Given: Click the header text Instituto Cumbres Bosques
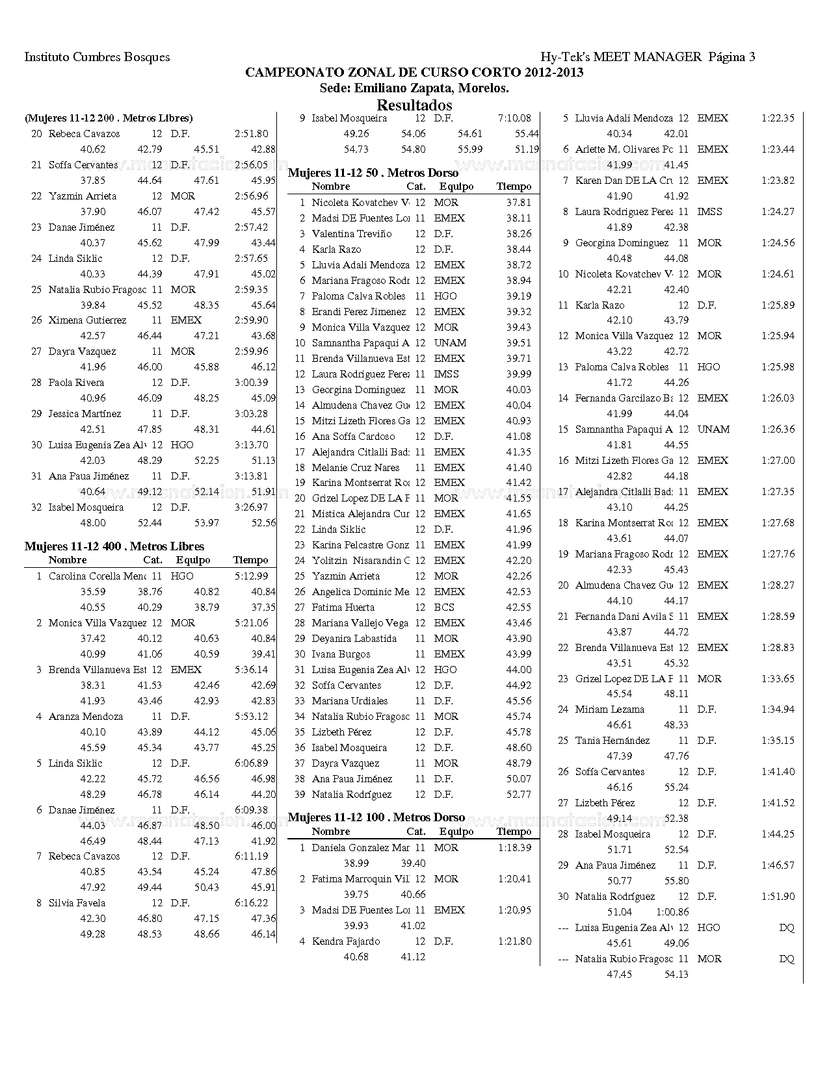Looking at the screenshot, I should pyautogui.click(x=97, y=57).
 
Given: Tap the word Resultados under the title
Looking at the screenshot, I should pyautogui.click(x=414, y=105).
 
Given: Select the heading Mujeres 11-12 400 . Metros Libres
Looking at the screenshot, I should pyautogui.click(x=114, y=546).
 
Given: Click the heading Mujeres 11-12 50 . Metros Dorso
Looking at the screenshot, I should pyautogui.click(x=373, y=173).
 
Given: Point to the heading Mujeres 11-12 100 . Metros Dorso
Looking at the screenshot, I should pyautogui.click(x=376, y=817).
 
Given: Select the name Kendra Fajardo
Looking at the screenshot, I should pyautogui.click(x=346, y=941).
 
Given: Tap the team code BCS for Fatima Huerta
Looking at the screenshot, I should pyautogui.click(x=444, y=607).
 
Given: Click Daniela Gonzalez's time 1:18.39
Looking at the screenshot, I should pyautogui.click(x=514, y=847).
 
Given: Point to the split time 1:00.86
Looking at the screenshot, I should pyautogui.click(x=672, y=912).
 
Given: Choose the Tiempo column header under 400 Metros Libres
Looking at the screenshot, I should pyautogui.click(x=250, y=560).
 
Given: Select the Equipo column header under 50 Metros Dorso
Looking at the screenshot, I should pyautogui.click(x=456, y=186).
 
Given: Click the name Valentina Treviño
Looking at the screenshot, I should pyautogui.click(x=352, y=234).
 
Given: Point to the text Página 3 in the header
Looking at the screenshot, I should pyautogui.click(x=731, y=57).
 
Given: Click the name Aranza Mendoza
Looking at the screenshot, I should pyautogui.click(x=86, y=717).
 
